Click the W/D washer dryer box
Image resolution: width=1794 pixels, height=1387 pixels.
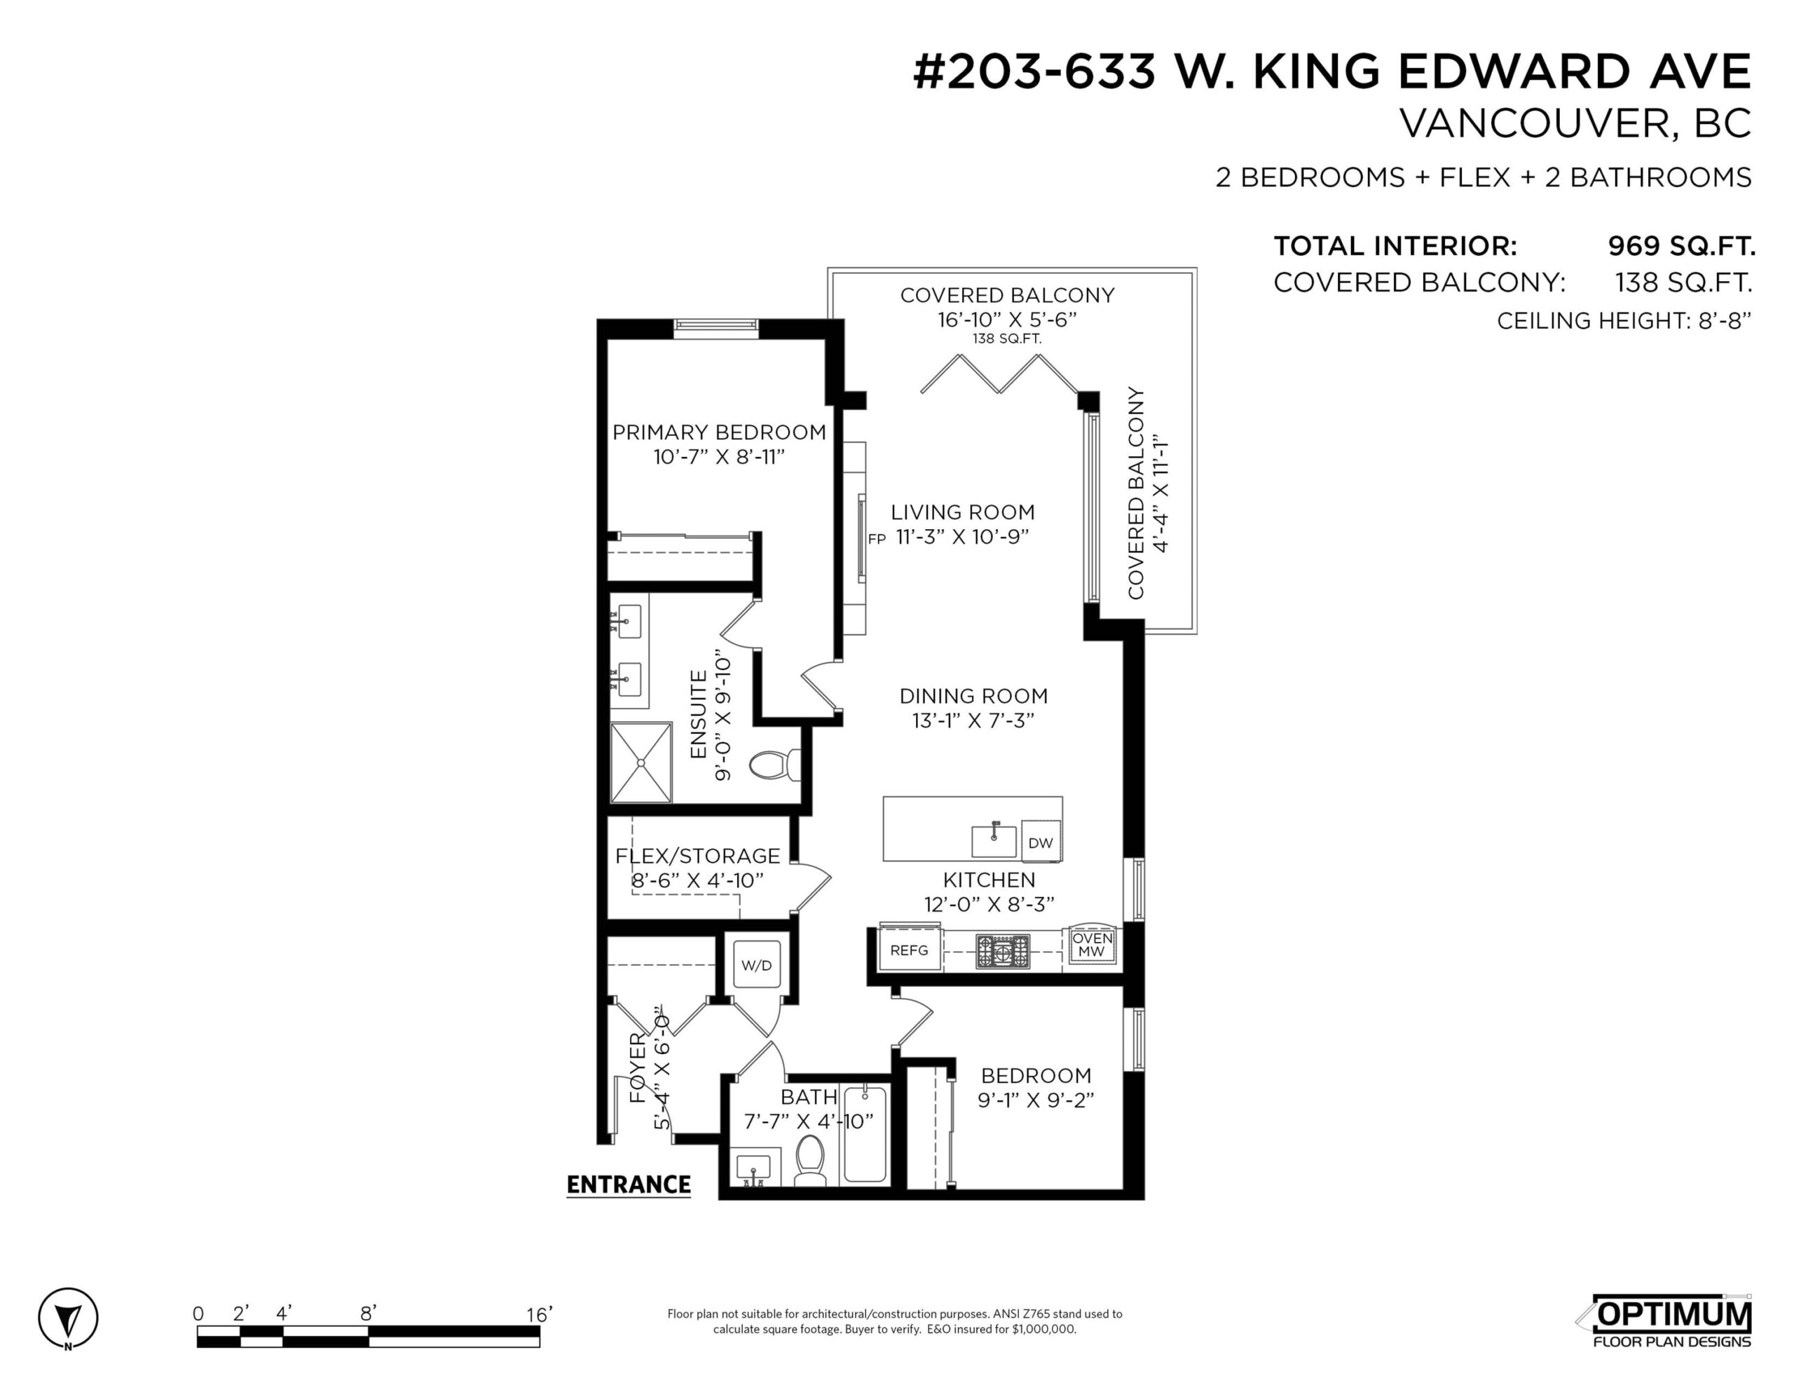tap(757, 966)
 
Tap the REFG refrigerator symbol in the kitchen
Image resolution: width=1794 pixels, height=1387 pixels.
tap(910, 949)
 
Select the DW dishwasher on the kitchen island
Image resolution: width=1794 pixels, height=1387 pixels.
tap(1040, 842)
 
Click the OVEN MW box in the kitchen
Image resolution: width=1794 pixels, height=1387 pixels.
tap(1092, 944)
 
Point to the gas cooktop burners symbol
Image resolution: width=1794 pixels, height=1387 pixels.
tap(1002, 952)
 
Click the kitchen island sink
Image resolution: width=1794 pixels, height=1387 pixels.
tap(994, 840)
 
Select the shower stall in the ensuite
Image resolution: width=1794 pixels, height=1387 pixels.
tap(641, 762)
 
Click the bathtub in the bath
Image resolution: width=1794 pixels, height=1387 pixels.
tap(865, 1134)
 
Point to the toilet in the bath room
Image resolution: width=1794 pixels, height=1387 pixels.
tap(810, 1160)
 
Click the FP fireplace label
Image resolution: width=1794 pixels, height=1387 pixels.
tap(877, 539)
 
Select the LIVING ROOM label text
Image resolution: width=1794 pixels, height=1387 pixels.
tap(963, 512)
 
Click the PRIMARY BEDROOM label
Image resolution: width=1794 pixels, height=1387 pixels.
tap(719, 432)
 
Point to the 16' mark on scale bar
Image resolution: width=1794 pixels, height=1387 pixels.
tap(539, 1315)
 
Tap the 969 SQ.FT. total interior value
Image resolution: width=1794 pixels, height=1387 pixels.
tap(1680, 246)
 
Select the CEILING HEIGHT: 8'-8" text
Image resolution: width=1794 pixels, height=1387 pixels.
tap(1624, 320)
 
